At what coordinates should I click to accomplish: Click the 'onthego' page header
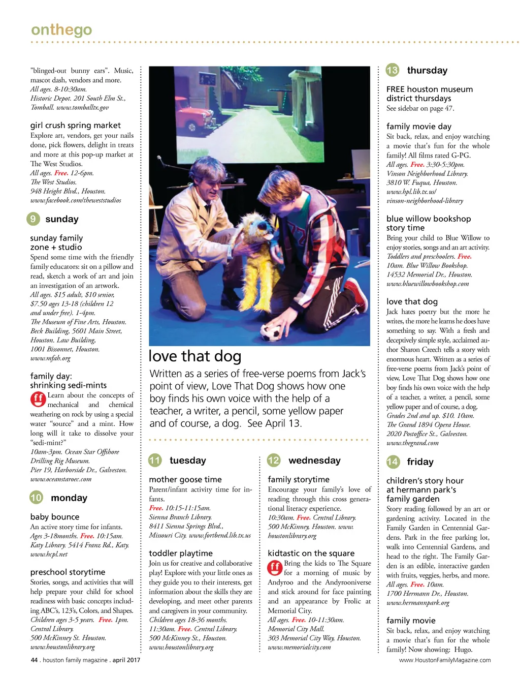(61, 30)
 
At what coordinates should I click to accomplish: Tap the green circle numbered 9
(33, 219)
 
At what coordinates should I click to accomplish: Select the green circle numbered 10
(36, 498)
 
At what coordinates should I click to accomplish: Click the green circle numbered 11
(155, 460)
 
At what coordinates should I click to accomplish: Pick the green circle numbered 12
(274, 460)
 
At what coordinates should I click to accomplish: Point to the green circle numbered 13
(393, 70)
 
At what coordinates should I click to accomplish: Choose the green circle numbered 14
(393, 462)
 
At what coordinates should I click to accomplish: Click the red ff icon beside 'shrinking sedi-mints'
(38, 400)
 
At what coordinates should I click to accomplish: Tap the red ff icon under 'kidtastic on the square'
(275, 567)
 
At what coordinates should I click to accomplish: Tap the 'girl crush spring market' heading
(75, 126)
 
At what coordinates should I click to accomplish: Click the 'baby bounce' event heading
(55, 517)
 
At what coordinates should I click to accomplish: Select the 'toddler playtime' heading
(181, 554)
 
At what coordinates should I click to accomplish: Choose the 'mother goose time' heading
(185, 479)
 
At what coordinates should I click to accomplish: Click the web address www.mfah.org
(50, 358)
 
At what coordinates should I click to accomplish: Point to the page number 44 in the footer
(35, 660)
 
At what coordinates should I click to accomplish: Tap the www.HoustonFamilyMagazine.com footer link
(445, 660)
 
